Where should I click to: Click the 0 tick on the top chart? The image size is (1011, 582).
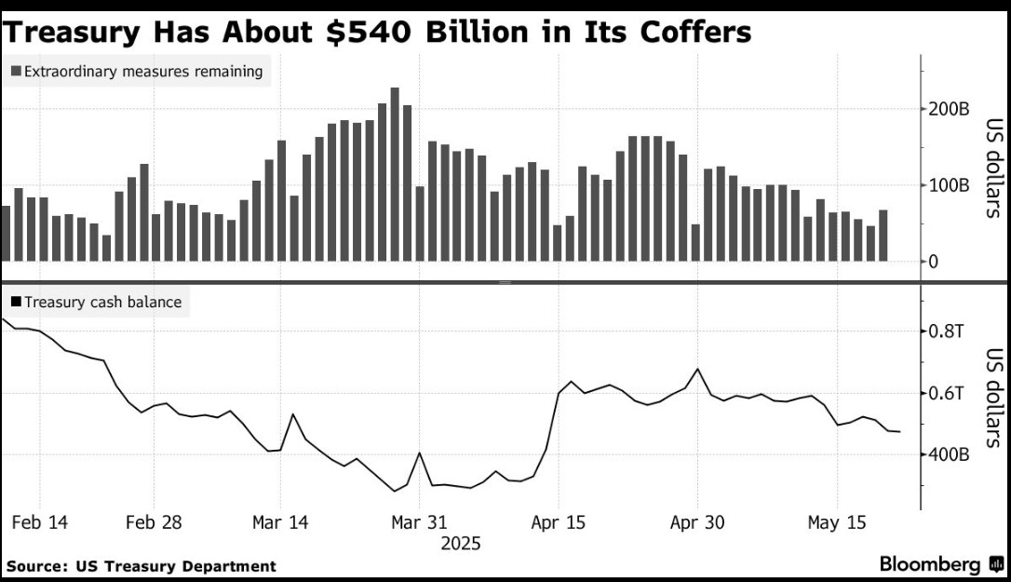click(934, 262)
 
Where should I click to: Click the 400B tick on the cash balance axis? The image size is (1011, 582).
click(947, 455)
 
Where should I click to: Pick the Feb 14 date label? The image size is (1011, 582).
click(39, 522)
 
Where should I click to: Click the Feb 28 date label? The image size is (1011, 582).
click(155, 522)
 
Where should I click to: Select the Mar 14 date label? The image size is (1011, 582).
click(280, 522)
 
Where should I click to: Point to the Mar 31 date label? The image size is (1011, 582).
click(419, 522)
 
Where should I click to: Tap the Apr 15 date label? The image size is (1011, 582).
click(559, 522)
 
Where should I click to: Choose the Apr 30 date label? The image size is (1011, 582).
click(697, 522)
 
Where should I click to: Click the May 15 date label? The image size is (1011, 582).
click(836, 522)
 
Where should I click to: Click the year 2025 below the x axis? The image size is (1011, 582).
click(461, 543)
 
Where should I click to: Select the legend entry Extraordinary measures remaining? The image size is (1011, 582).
click(137, 71)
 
